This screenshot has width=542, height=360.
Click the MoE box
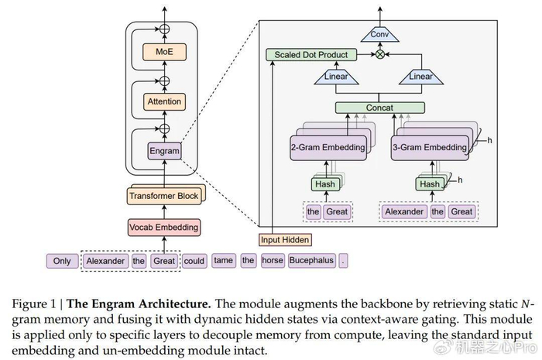coord(163,53)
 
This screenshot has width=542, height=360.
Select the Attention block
coord(163,101)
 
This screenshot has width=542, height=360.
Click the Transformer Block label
coord(163,196)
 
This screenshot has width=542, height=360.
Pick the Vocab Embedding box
coord(163,228)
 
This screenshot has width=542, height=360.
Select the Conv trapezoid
coord(379,34)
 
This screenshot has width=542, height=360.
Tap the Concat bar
coord(379,108)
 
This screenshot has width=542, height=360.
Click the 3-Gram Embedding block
coord(429,147)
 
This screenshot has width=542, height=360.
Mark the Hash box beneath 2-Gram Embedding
coord(325,184)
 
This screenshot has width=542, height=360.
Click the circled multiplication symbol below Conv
coord(379,55)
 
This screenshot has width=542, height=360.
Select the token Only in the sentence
coord(62,261)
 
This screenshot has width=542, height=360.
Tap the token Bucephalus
coord(311,261)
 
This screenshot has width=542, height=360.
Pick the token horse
coord(273,261)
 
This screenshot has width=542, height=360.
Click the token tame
coord(223,261)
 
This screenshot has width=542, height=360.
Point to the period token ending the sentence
coord(345,261)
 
